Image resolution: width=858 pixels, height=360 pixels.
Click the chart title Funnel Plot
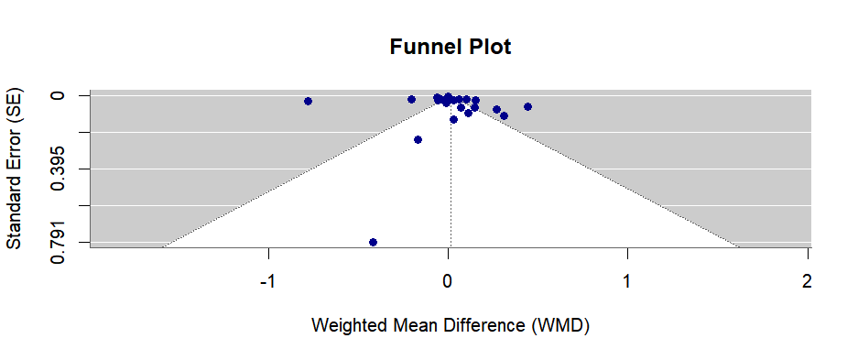451,47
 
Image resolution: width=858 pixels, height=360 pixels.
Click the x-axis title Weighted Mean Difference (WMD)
451,325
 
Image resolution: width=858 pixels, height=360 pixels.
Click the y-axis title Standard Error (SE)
14,169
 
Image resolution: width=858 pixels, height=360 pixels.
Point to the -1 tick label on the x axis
267,281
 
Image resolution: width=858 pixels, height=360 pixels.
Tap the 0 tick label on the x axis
448,281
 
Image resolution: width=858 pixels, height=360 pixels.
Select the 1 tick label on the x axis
627,281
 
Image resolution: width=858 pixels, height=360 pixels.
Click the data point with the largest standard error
374,242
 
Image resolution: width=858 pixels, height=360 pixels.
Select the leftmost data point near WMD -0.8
309,101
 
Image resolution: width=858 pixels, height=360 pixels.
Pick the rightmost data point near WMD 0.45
528,106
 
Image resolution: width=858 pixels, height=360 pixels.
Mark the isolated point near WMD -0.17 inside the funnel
418,139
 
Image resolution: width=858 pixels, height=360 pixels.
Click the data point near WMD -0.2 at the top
411,99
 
